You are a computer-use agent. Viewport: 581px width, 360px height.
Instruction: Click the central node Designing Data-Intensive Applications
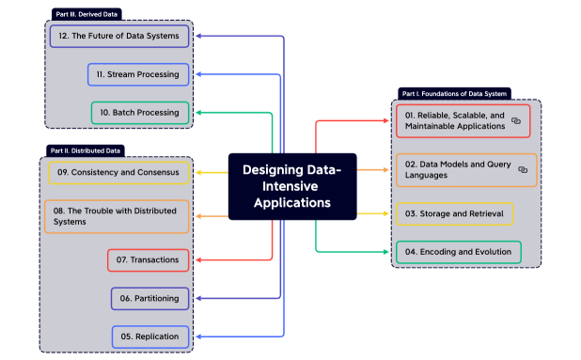tap(292, 186)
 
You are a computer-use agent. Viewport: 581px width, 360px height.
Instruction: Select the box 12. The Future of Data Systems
tap(119, 36)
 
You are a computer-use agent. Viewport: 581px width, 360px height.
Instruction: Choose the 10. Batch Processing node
tap(141, 113)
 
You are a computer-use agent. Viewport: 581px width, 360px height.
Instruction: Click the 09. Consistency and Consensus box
tap(119, 173)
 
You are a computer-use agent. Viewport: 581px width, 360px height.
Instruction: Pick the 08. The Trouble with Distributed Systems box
tap(117, 216)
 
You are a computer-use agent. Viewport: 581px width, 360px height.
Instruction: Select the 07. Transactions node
tap(149, 258)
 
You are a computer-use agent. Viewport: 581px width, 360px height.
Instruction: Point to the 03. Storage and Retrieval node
tap(454, 214)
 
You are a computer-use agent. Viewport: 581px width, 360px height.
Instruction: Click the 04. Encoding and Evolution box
tap(458, 252)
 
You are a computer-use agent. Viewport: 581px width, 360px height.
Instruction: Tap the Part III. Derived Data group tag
tap(87, 15)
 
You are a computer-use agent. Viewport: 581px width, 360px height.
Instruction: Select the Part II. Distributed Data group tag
tap(86, 150)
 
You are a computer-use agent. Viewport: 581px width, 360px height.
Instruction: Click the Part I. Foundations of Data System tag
tap(454, 93)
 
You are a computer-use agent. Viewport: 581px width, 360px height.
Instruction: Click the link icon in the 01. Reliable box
tap(516, 121)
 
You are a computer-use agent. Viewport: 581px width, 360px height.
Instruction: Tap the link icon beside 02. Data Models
tap(523, 170)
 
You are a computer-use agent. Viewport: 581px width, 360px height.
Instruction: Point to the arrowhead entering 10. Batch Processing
tap(197, 113)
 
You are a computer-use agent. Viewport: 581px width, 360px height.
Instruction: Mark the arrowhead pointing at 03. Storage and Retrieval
tap(389, 214)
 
